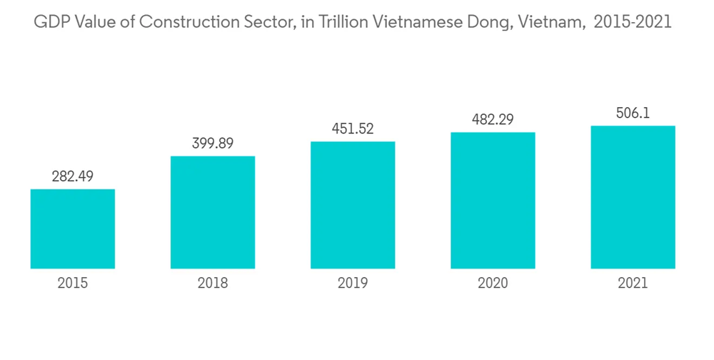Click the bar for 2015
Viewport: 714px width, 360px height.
[72, 229]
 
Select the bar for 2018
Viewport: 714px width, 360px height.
[213, 212]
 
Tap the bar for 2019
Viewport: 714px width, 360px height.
[353, 205]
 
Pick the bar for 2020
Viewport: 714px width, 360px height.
[493, 200]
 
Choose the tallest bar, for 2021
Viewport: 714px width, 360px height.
[633, 197]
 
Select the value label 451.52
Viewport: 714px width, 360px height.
[353, 129]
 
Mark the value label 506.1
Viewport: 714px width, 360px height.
[633, 113]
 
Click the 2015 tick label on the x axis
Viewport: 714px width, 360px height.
[72, 284]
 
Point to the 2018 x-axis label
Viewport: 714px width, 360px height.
[213, 284]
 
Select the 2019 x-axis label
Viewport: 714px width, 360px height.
[353, 284]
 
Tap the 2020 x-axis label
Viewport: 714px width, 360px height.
[493, 284]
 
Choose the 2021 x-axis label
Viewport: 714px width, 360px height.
[633, 284]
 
